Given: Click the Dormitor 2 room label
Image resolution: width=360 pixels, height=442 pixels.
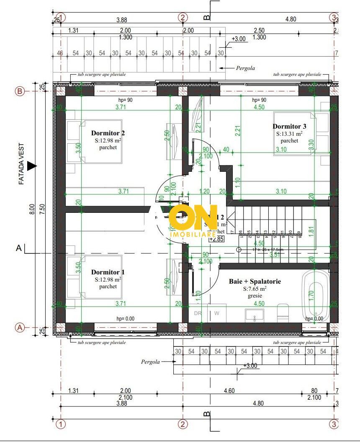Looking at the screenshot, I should pyautogui.click(x=108, y=133).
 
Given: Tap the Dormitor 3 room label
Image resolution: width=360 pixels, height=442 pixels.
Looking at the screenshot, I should pyautogui.click(x=290, y=126).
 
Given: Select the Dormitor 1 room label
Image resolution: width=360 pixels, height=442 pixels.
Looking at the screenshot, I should pyautogui.click(x=108, y=272).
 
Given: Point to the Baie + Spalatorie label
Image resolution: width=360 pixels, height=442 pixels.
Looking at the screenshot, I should pyautogui.click(x=255, y=282).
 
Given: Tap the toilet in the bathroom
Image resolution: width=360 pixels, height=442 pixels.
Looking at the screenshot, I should pyautogui.click(x=283, y=313).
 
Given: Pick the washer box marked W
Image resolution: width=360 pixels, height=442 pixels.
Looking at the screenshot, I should pyautogui.click(x=217, y=313).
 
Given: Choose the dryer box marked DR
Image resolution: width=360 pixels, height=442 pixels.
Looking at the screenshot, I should pyautogui.click(x=198, y=313).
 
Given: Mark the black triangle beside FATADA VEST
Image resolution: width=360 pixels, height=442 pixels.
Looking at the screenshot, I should pyautogui.click(x=32, y=166).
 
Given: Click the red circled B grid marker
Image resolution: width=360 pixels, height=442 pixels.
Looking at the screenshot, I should pyautogui.click(x=19, y=91).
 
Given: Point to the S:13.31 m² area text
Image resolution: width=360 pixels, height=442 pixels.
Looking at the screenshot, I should pyautogui.click(x=289, y=134).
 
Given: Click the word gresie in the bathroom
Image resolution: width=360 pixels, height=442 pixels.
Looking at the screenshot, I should pyautogui.click(x=255, y=296).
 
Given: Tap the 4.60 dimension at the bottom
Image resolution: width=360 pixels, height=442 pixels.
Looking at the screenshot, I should pyautogui.click(x=229, y=391).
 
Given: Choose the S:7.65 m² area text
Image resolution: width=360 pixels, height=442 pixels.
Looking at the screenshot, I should pyautogui.click(x=255, y=289).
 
